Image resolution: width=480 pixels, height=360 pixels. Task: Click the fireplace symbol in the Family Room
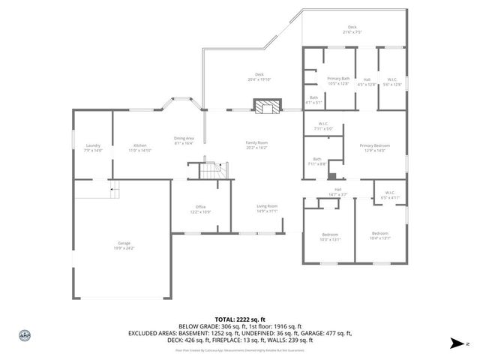coord(265,106)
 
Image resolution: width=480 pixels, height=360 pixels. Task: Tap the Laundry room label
coord(93,147)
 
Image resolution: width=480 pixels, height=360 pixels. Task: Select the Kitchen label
coord(140,147)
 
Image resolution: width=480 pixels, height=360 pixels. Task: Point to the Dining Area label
coord(184,140)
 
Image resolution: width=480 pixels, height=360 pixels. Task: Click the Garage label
coord(123,245)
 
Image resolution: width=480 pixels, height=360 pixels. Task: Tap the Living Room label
coord(268,208)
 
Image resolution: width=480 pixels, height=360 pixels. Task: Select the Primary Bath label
coord(338,81)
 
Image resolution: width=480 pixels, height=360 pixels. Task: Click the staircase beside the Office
coord(211,170)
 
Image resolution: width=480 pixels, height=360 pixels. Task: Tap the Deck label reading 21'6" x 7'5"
coord(352,29)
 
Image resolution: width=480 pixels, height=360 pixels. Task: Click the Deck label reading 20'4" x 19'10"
coord(259,76)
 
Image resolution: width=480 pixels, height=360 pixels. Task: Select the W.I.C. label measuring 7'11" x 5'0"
coord(323,126)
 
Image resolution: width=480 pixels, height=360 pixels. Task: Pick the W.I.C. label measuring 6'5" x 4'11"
coord(390,195)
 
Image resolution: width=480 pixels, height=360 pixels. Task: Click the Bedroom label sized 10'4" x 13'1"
coord(379,236)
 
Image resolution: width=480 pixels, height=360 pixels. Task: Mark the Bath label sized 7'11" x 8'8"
coord(317,161)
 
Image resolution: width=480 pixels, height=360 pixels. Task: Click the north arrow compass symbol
coord(457,343)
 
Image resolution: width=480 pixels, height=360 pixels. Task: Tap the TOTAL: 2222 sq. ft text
coord(240,318)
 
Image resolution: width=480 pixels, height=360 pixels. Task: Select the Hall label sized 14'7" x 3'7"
coord(337,191)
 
